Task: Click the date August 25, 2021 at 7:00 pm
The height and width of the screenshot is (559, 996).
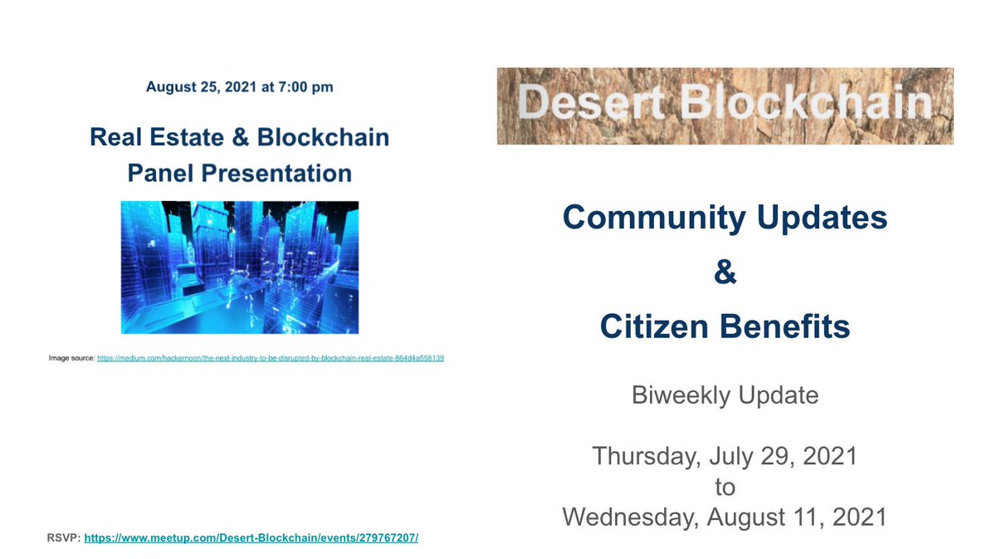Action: [239, 86]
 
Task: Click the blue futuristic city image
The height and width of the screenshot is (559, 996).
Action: [239, 267]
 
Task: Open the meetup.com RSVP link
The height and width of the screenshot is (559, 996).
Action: [251, 537]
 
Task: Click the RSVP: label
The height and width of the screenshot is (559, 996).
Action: [63, 537]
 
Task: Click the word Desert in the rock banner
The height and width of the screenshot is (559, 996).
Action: [583, 104]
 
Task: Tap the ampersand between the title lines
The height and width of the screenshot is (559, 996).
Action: [725, 272]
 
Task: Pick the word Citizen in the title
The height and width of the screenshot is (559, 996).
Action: [652, 326]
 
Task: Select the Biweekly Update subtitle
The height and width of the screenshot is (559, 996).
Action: [725, 395]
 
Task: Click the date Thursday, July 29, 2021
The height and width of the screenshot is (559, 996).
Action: [725, 456]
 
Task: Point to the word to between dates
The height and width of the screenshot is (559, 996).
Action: [725, 486]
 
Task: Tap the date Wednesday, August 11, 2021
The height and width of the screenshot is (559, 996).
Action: [725, 517]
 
